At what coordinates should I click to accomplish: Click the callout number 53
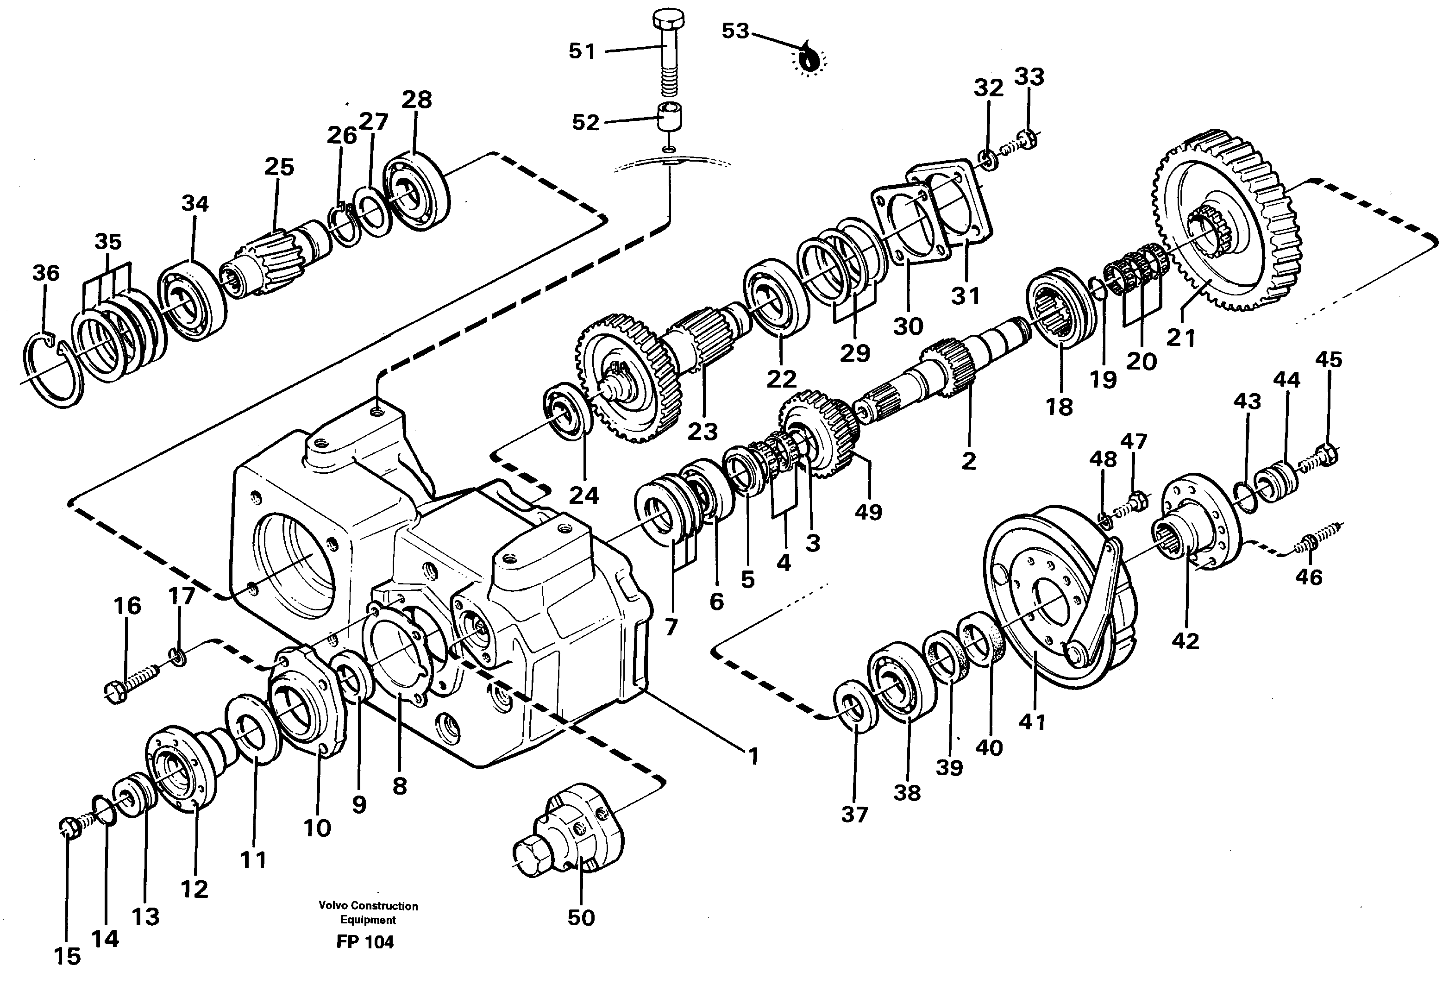(x=735, y=31)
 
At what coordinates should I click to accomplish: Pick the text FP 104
(x=365, y=942)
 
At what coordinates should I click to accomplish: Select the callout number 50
(x=581, y=918)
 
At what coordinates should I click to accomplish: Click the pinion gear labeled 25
(x=269, y=256)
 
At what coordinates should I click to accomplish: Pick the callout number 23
(x=702, y=431)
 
